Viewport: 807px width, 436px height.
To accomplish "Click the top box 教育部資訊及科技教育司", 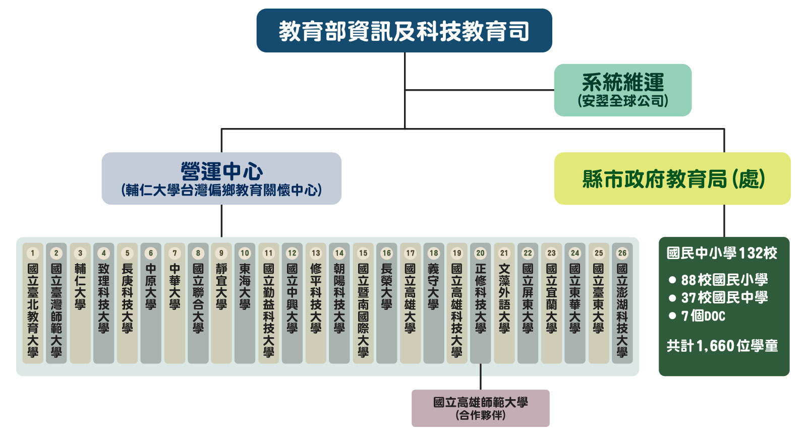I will [x=404, y=31].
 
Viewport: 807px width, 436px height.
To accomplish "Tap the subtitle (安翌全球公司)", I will [x=622, y=101].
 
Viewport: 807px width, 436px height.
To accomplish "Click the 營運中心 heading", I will [x=221, y=171].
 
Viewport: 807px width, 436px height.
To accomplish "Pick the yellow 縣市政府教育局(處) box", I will [x=672, y=178].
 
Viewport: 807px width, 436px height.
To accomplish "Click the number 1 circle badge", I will [x=33, y=253].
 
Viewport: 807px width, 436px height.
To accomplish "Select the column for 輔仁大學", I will [x=80, y=302].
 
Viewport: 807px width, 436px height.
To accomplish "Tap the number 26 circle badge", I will [x=622, y=253].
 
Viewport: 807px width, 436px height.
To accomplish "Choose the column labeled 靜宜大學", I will [x=221, y=302].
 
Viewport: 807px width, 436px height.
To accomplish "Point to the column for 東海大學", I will [x=245, y=302].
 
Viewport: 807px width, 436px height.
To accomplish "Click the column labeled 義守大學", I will [x=434, y=302].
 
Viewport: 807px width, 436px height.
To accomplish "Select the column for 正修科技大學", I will [x=481, y=302].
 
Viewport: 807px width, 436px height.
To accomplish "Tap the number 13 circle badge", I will [x=316, y=253].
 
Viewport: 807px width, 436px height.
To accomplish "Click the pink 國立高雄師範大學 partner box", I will [x=480, y=408].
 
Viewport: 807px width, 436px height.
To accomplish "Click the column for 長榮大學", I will [x=386, y=302].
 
